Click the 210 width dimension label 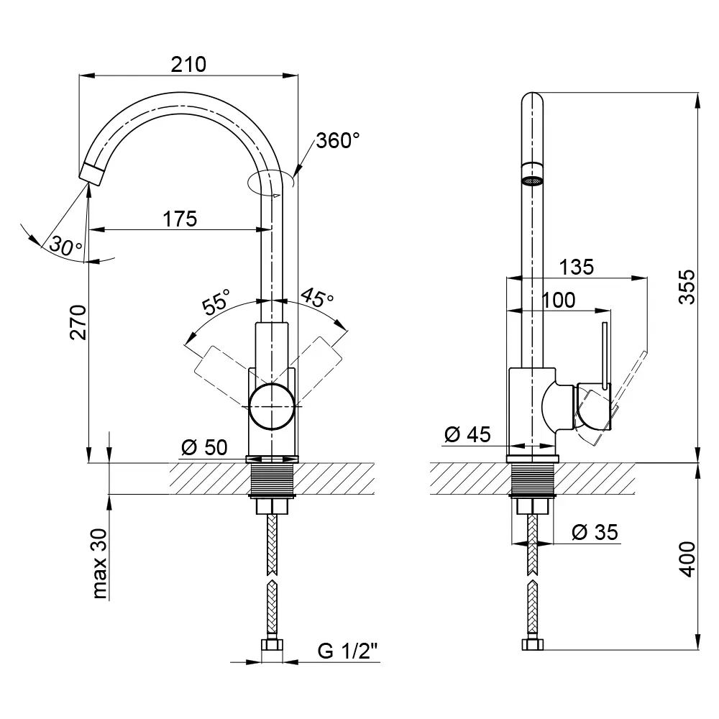pyautogui.click(x=188, y=65)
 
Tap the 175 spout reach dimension pyautogui.click(x=180, y=219)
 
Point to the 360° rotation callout pyautogui.click(x=337, y=140)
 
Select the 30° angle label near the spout pyautogui.click(x=65, y=246)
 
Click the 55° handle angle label pyautogui.click(x=216, y=301)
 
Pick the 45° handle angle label pyautogui.click(x=317, y=298)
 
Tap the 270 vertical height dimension pyautogui.click(x=78, y=322)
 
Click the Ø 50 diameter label pyautogui.click(x=204, y=447)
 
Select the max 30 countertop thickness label pyautogui.click(x=99, y=564)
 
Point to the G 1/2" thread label pyautogui.click(x=347, y=651)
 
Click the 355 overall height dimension pyautogui.click(x=687, y=287)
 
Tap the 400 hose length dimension pyautogui.click(x=687, y=559)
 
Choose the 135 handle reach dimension pyautogui.click(x=577, y=267)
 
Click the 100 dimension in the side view pyautogui.click(x=559, y=301)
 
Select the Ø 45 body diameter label pyautogui.click(x=468, y=434)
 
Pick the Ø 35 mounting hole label pyautogui.click(x=595, y=532)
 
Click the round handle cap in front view pyautogui.click(x=272, y=407)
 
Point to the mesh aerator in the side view pyautogui.click(x=532, y=181)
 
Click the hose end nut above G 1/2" pyautogui.click(x=272, y=644)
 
